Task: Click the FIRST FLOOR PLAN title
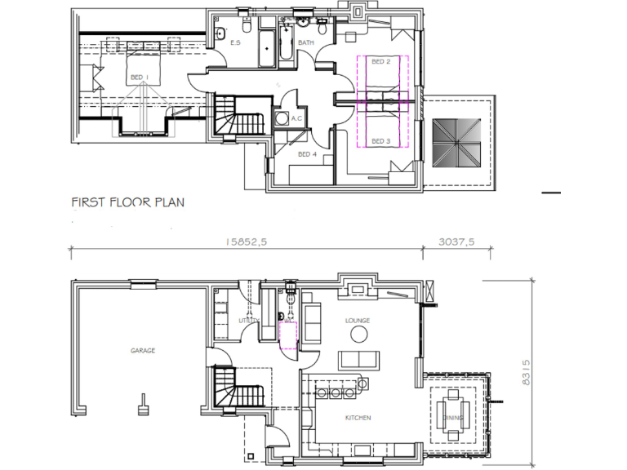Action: pyautogui.click(x=127, y=202)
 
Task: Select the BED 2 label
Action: pyautogui.click(x=381, y=61)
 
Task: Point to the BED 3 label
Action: pyautogui.click(x=380, y=141)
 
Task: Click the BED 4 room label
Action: pyautogui.click(x=307, y=154)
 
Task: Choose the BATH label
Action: pyautogui.click(x=306, y=42)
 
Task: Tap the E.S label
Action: pyautogui.click(x=235, y=42)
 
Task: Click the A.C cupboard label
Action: pyautogui.click(x=298, y=117)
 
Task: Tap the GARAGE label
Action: pyautogui.click(x=143, y=351)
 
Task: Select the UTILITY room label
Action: pyautogui.click(x=248, y=321)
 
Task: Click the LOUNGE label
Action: pyautogui.click(x=358, y=321)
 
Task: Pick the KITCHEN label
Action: pyautogui.click(x=358, y=418)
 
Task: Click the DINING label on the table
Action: pyautogui.click(x=453, y=419)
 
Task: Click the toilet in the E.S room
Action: pyautogui.click(x=222, y=33)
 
